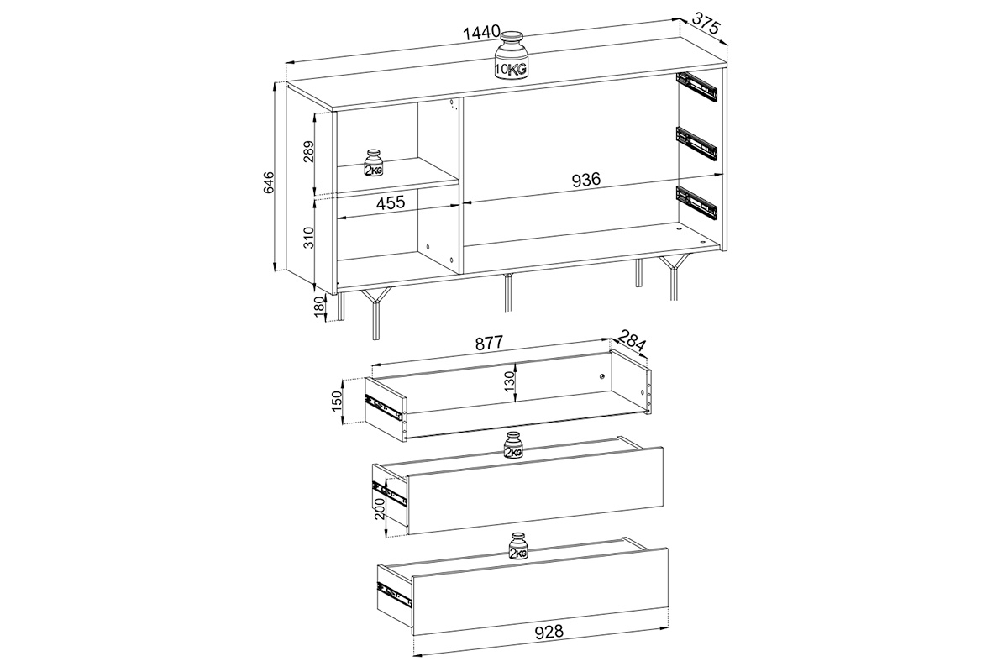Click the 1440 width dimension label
[x=481, y=33]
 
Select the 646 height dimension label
[x=268, y=181]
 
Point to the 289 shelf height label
[x=309, y=153]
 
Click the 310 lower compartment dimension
[x=309, y=238]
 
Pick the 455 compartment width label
[x=391, y=202]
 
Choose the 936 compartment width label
[x=586, y=180]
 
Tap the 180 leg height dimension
[x=318, y=307]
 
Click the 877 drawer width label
[x=489, y=343]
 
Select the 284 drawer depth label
[x=632, y=341]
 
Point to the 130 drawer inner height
[x=509, y=381]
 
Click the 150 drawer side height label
[x=337, y=402]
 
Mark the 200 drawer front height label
[x=380, y=508]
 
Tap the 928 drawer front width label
[x=549, y=632]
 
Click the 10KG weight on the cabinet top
[x=512, y=55]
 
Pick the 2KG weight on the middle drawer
[x=513, y=444]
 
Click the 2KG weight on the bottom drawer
[x=518, y=546]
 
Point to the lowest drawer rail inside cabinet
[x=696, y=204]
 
